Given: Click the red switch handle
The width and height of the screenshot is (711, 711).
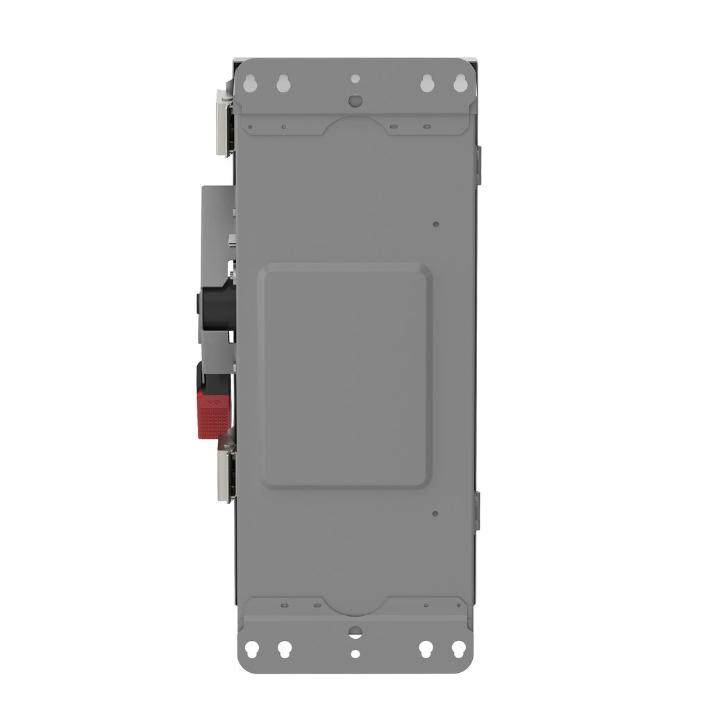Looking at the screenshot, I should (212, 413).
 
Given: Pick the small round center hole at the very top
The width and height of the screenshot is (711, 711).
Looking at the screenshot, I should (355, 78).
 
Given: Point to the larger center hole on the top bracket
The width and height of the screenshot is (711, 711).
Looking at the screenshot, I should (355, 101).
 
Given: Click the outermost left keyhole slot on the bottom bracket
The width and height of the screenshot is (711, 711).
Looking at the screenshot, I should (252, 649).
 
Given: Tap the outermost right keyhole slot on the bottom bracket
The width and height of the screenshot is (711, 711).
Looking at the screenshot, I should (458, 649).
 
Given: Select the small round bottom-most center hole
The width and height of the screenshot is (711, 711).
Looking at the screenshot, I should (355, 654).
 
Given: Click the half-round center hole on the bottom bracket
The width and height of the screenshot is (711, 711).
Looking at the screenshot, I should (355, 632).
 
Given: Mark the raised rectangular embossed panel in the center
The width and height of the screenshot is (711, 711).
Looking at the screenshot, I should (345, 375).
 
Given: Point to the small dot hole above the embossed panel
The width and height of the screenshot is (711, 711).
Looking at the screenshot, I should (435, 224).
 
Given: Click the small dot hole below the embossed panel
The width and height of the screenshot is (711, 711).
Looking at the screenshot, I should (435, 514).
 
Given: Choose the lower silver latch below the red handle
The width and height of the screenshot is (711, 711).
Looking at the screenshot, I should (224, 476).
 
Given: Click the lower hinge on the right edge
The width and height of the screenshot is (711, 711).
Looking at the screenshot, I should (478, 511).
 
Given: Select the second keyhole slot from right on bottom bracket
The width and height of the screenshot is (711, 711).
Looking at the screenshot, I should (426, 649).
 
